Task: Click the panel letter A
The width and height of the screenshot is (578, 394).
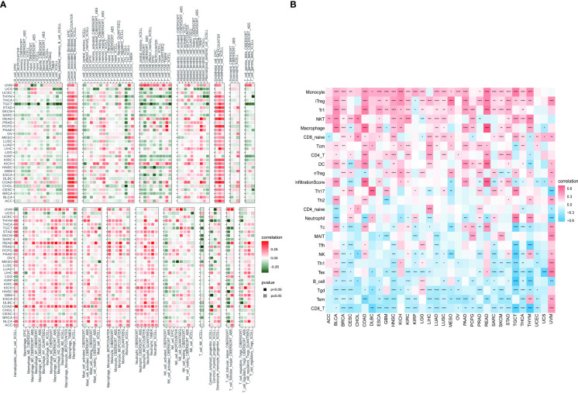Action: point(5,5)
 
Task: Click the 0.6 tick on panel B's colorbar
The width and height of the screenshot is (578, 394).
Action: point(569,188)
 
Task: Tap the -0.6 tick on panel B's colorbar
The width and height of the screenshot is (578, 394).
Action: point(570,219)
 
